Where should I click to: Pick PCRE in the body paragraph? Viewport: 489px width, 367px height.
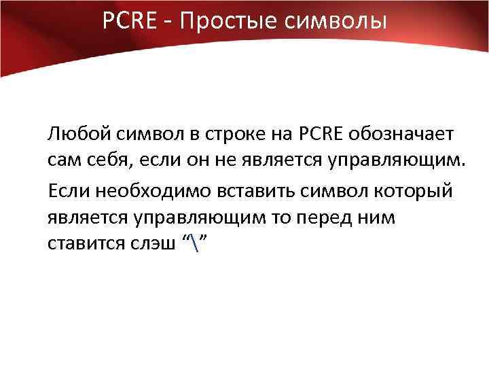(320, 134)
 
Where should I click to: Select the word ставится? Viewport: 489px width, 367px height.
(80, 244)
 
